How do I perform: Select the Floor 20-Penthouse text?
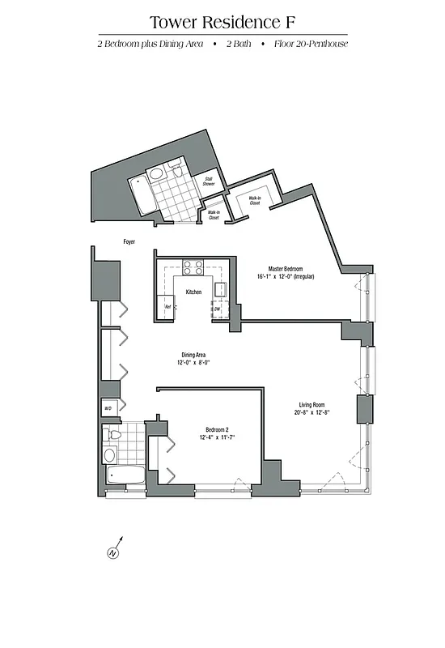[x=310, y=44]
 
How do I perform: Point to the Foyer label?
[x=128, y=241]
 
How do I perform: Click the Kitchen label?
[x=193, y=292]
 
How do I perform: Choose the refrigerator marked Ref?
[x=167, y=307]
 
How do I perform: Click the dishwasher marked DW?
[x=216, y=308]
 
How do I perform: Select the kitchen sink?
[x=219, y=287]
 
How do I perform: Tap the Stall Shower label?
[x=208, y=182]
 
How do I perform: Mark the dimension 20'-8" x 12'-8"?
[x=311, y=413]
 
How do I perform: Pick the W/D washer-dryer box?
[x=108, y=408]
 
